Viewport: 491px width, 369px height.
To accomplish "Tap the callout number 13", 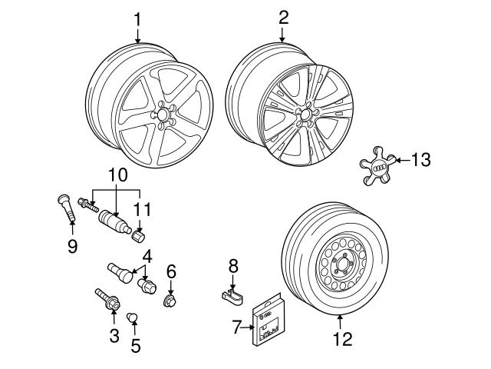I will click(420, 160).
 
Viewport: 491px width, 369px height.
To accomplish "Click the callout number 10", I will click(116, 175).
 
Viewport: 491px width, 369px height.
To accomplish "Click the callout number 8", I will click(233, 265).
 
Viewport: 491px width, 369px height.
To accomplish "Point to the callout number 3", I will click(114, 334).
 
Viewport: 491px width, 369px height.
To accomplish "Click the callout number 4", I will click(145, 257).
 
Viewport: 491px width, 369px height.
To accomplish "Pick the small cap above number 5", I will click(131, 317).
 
